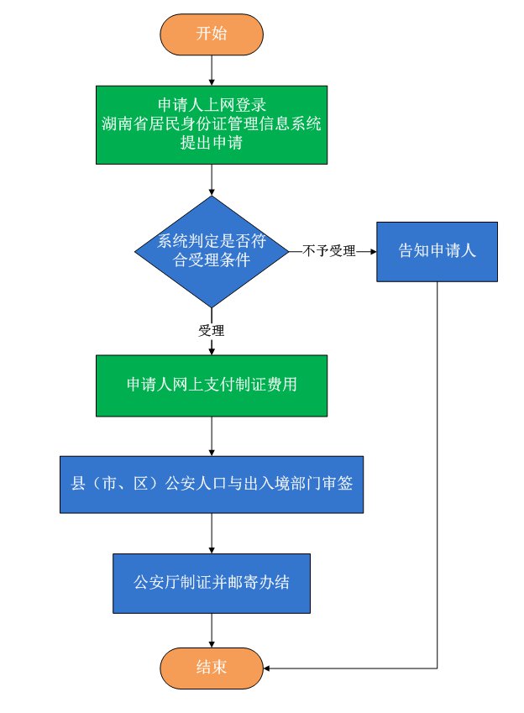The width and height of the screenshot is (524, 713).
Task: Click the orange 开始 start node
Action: pyautogui.click(x=211, y=34)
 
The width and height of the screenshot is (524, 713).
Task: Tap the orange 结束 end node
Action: pyautogui.click(x=211, y=668)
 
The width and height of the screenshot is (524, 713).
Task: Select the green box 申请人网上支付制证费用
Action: pyautogui.click(x=211, y=385)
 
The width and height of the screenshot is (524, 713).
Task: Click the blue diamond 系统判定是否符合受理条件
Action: pyautogui.click(x=212, y=250)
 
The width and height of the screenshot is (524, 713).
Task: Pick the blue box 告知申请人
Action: pyautogui.click(x=437, y=251)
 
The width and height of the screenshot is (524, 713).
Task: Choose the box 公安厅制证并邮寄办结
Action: pyautogui.click(x=211, y=582)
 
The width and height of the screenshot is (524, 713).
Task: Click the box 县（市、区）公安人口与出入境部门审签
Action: pyautogui.click(x=211, y=484)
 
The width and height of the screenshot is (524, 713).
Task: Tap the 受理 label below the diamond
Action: pyautogui.click(x=212, y=330)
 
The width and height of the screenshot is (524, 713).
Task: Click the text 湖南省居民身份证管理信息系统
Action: pyautogui.click(x=211, y=124)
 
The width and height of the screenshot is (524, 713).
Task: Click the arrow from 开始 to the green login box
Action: pyautogui.click(x=212, y=70)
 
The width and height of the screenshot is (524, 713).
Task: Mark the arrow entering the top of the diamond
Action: pyautogui.click(x=212, y=181)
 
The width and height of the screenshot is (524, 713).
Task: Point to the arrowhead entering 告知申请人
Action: pyautogui.click(x=371, y=251)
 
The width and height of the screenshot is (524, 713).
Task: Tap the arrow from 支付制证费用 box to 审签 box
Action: pyautogui.click(x=212, y=437)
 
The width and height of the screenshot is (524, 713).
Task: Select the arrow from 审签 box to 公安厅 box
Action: pyautogui.click(x=212, y=533)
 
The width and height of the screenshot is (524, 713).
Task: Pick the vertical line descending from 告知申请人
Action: pyautogui.click(x=438, y=470)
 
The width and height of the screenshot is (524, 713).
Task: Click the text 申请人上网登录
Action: pyautogui.click(x=211, y=106)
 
